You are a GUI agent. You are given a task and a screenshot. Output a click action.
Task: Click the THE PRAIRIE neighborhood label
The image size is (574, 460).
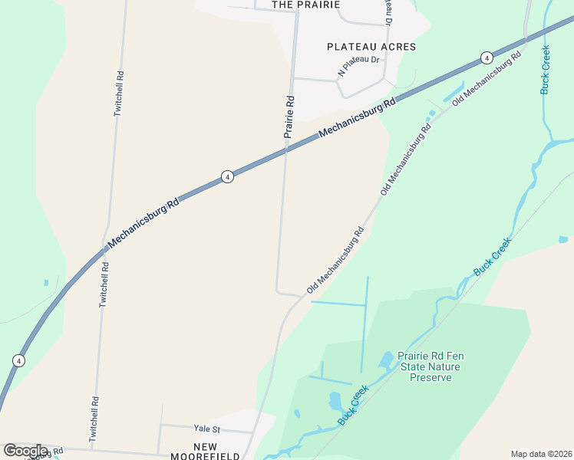[x=305, y=5]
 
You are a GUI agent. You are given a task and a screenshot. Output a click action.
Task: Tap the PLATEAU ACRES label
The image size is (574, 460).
[x=371, y=47]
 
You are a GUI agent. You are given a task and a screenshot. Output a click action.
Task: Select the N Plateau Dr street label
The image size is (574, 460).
[x=358, y=64]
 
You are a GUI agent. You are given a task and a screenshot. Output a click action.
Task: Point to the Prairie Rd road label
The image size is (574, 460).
[x=289, y=116]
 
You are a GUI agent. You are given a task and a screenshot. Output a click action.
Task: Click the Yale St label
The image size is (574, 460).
[x=206, y=429]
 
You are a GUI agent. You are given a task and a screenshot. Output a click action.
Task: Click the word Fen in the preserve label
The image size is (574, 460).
[x=454, y=356]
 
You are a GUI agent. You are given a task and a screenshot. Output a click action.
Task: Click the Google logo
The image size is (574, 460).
[x=25, y=451]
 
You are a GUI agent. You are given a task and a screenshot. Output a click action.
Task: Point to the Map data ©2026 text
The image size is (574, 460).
[x=541, y=454]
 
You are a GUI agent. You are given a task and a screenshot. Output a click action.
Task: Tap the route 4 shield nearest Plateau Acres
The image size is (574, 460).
[x=486, y=58]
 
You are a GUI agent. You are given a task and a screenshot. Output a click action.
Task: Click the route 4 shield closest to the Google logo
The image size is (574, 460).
[x=18, y=360]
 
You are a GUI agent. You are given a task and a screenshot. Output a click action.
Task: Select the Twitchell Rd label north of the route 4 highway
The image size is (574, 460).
[x=118, y=94]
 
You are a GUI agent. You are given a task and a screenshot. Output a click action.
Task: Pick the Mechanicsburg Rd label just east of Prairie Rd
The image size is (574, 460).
[x=358, y=117]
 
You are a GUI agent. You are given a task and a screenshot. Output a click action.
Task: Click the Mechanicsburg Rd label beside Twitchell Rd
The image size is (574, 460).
[x=143, y=222]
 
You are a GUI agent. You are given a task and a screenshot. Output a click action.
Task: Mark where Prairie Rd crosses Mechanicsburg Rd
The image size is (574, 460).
[x=286, y=150]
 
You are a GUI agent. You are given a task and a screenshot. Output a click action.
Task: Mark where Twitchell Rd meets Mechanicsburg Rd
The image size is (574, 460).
[x=106, y=249]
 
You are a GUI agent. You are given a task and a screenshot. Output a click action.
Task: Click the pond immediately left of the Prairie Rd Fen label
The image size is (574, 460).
[x=387, y=359]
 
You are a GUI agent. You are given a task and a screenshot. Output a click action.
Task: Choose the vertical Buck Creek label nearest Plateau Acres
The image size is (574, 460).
[x=546, y=70]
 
